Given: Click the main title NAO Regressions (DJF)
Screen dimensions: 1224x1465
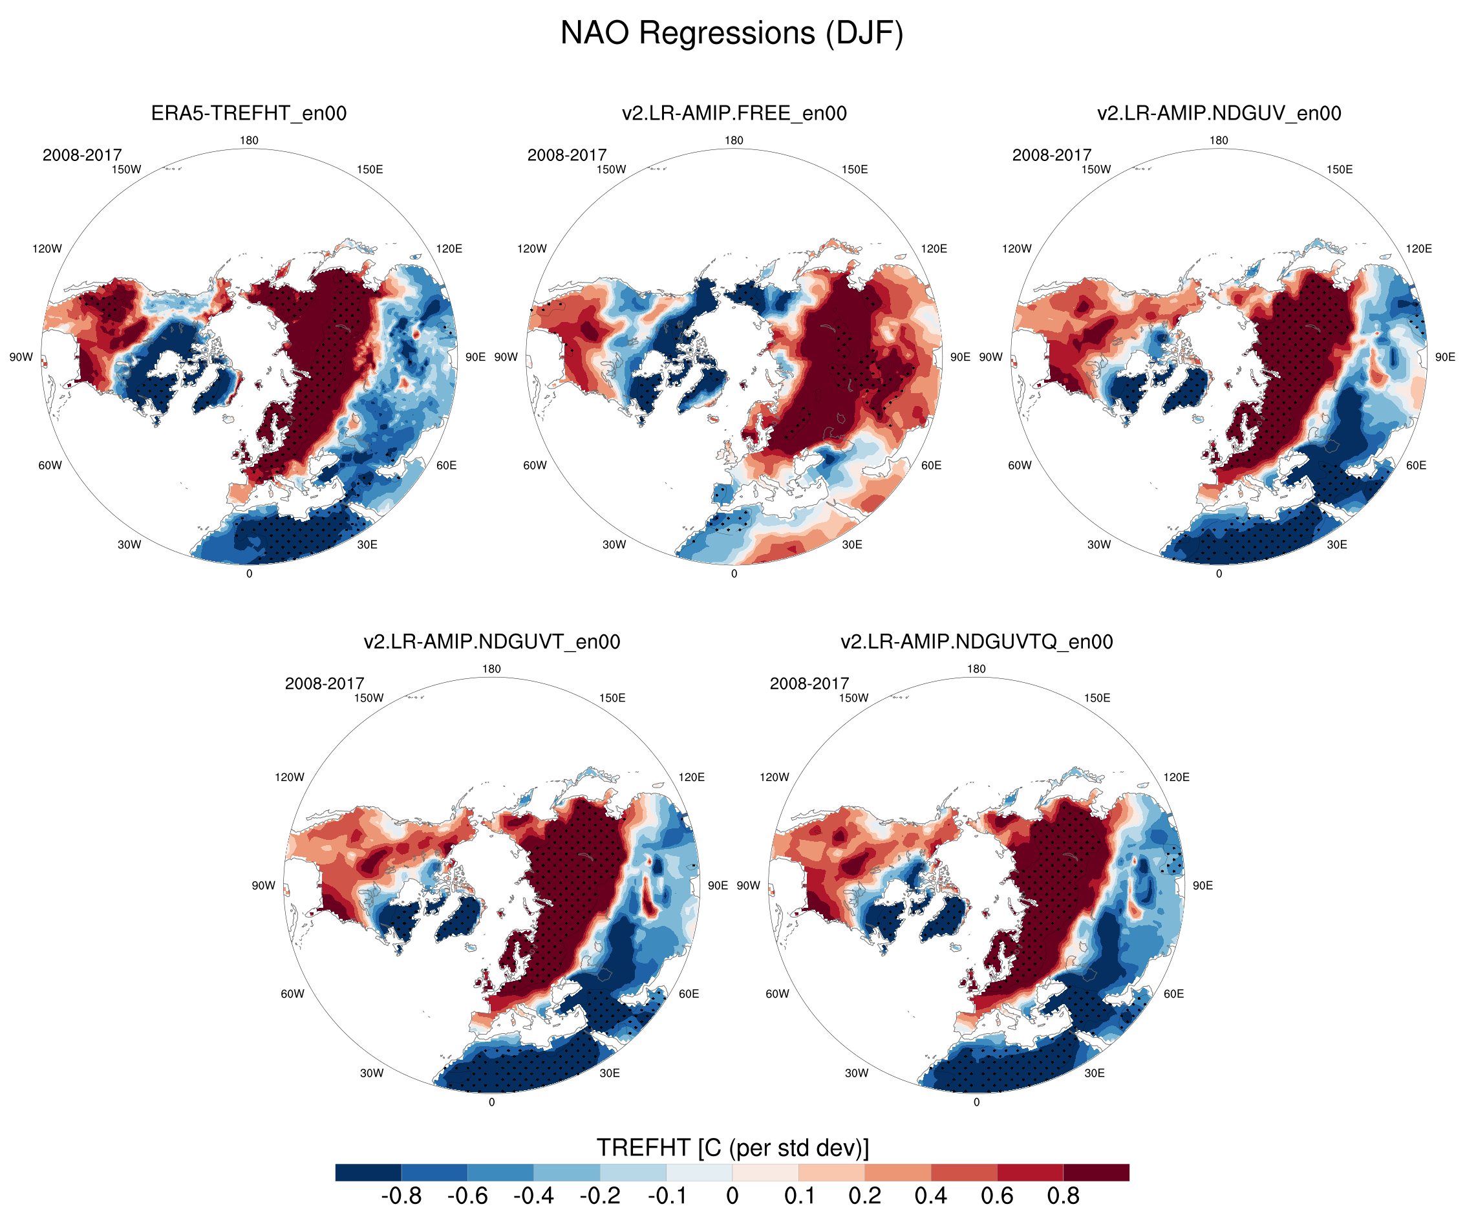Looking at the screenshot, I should click(x=732, y=34).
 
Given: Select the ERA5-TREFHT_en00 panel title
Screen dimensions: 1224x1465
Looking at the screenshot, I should click(x=248, y=113).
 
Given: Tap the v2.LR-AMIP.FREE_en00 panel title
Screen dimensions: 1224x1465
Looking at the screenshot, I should click(x=734, y=113).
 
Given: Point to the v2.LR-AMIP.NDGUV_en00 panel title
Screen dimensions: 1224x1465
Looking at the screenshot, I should click(x=1219, y=113).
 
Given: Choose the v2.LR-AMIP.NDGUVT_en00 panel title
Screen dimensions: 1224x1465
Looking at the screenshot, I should click(x=491, y=641).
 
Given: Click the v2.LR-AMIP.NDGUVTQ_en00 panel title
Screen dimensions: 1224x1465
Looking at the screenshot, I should click(x=976, y=641).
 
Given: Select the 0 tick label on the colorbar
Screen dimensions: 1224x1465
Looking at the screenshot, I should click(x=732, y=1196).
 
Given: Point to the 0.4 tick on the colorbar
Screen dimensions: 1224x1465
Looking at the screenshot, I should click(x=930, y=1196).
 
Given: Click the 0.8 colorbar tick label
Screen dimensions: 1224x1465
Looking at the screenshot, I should click(x=1063, y=1196).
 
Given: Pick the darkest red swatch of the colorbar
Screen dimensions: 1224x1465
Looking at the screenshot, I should click(x=1096, y=1172).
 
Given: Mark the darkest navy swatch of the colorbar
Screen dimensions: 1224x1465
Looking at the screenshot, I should click(x=369, y=1172).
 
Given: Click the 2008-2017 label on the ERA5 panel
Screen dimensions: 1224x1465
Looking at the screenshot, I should click(x=81, y=155).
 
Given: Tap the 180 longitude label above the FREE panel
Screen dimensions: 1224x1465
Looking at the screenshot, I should click(x=734, y=140).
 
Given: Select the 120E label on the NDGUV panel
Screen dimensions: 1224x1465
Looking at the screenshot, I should click(x=1418, y=248).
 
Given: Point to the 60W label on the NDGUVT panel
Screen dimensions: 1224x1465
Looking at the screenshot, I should click(x=292, y=994).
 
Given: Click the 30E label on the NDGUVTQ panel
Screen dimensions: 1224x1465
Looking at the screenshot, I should click(x=1094, y=1073).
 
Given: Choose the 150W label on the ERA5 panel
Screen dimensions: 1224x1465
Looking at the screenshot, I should click(x=126, y=169).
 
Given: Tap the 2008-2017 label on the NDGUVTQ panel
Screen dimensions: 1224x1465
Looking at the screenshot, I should click(x=809, y=683).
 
